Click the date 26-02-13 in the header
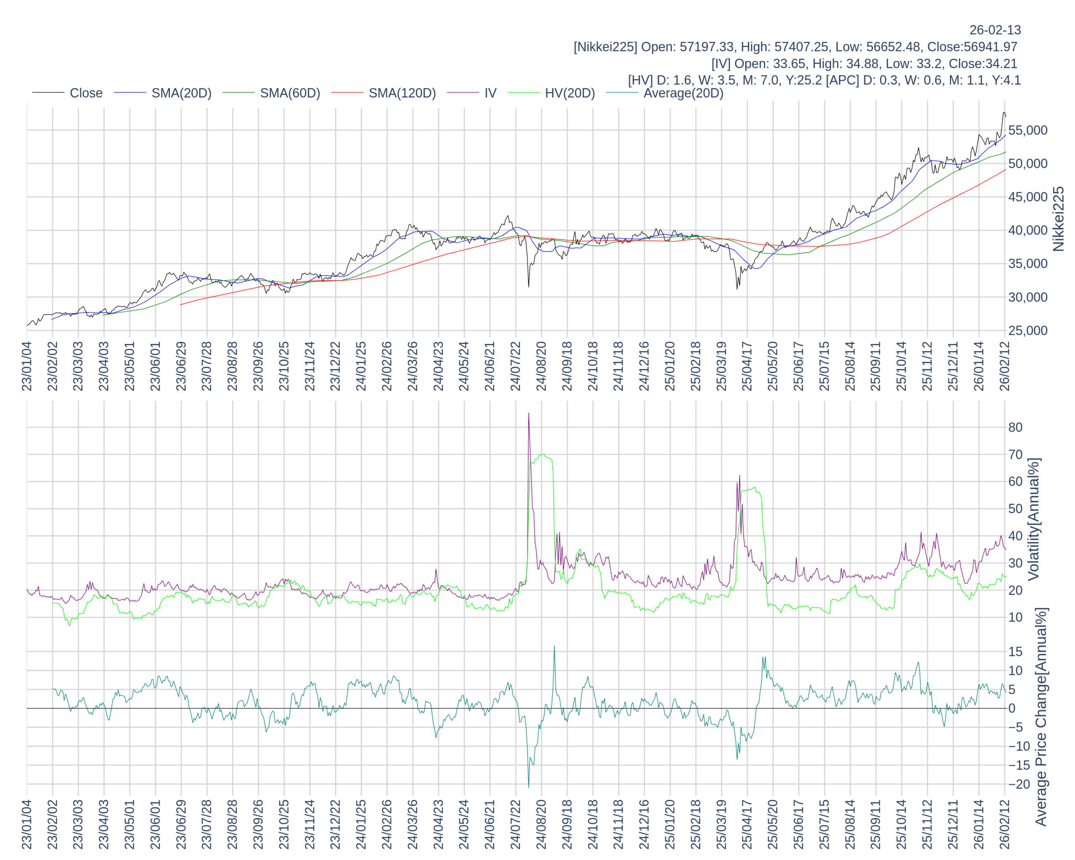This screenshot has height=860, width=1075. click(x=995, y=30)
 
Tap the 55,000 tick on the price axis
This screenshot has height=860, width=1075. click(x=1028, y=131)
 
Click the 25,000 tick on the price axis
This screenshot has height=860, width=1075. click(x=1028, y=330)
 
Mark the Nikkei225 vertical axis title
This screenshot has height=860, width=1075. click(x=1058, y=219)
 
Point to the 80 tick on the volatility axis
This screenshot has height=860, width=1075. click(x=1015, y=427)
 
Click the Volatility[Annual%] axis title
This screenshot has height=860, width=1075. click(x=1033, y=519)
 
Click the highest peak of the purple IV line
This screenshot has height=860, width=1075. click(x=529, y=413)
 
